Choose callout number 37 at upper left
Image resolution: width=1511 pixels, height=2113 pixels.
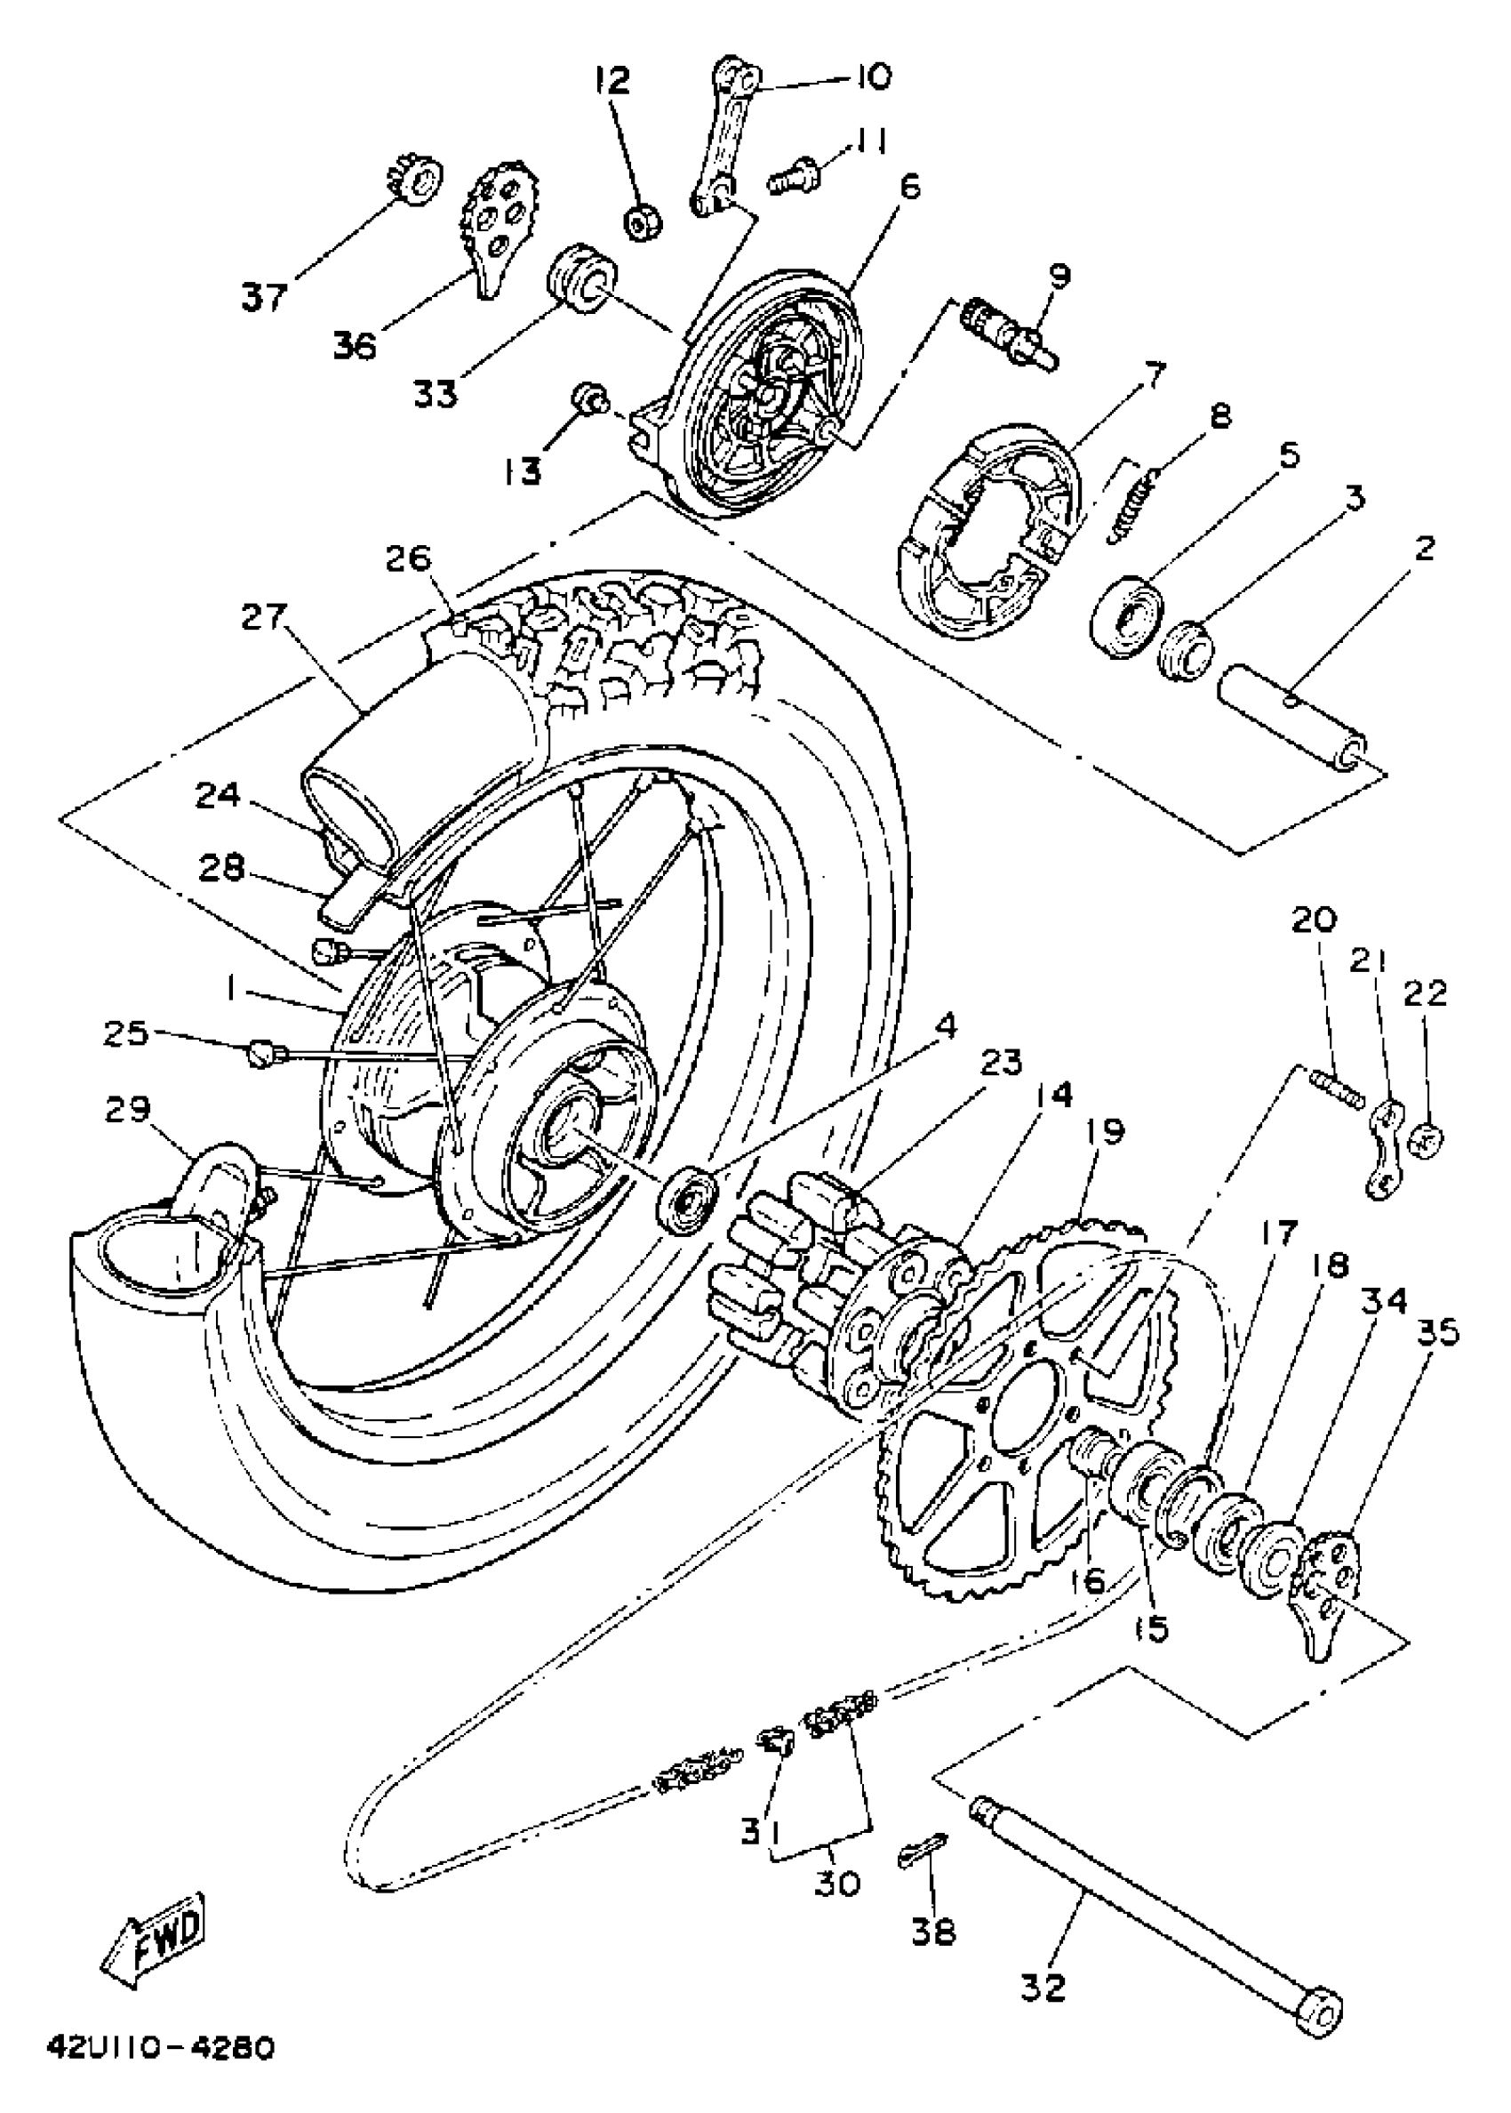[x=264, y=297]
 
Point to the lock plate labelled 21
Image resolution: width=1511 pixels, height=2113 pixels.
[x=1385, y=1150]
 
